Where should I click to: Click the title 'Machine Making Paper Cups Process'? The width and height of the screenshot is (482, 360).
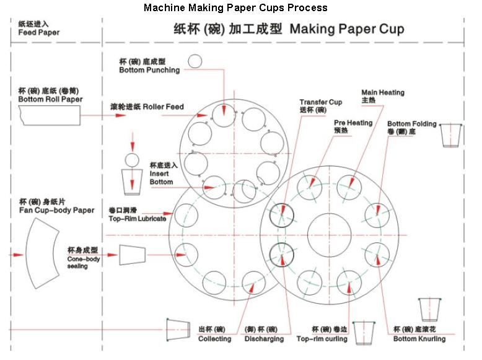point(235,8)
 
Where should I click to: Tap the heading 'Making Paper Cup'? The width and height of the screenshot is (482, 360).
point(347,29)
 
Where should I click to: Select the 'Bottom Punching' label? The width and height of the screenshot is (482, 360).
point(149,70)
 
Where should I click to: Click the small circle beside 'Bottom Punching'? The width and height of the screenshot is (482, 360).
point(195,61)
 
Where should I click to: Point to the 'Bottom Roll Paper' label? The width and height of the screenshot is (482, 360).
point(50,99)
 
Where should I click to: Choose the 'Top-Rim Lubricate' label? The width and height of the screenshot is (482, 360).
point(137,219)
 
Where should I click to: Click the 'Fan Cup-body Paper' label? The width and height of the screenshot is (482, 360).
point(56,211)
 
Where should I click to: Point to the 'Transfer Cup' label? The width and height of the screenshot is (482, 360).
point(320,102)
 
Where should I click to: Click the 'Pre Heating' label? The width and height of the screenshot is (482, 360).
point(353,123)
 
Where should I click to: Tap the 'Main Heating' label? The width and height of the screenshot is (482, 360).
point(383,92)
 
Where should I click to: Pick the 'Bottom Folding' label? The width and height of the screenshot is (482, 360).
point(411,124)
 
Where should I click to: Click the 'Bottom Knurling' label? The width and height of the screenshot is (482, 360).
point(419,339)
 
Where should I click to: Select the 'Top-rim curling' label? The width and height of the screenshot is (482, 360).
point(322,339)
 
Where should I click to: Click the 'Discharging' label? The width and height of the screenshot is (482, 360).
point(264,339)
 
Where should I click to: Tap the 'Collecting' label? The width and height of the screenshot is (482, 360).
point(214,339)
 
